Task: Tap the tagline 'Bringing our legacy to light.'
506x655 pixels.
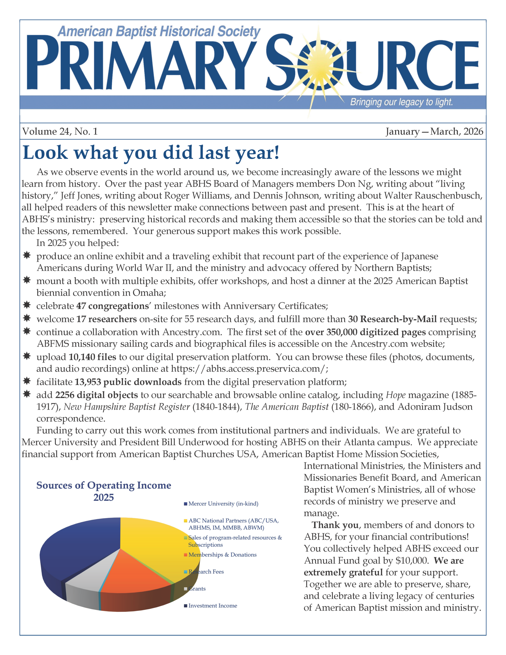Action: tap(401, 102)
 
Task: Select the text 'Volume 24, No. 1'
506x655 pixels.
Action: tap(60, 131)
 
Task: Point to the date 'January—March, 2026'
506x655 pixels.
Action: tap(434, 131)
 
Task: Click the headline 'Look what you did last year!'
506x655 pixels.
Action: tap(151, 153)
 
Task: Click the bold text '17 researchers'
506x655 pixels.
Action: tap(106, 319)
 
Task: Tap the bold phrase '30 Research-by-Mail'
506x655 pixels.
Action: tap(392, 319)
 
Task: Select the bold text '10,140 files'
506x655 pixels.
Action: tap(92, 357)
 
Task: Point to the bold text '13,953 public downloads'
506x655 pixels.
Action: tap(128, 382)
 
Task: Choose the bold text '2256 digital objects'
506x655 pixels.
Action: tap(97, 395)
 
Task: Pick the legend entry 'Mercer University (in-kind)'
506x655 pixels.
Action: tap(223, 504)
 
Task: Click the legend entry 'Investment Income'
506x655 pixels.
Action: tap(213, 606)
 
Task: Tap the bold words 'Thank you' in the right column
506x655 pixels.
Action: tap(335, 525)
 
